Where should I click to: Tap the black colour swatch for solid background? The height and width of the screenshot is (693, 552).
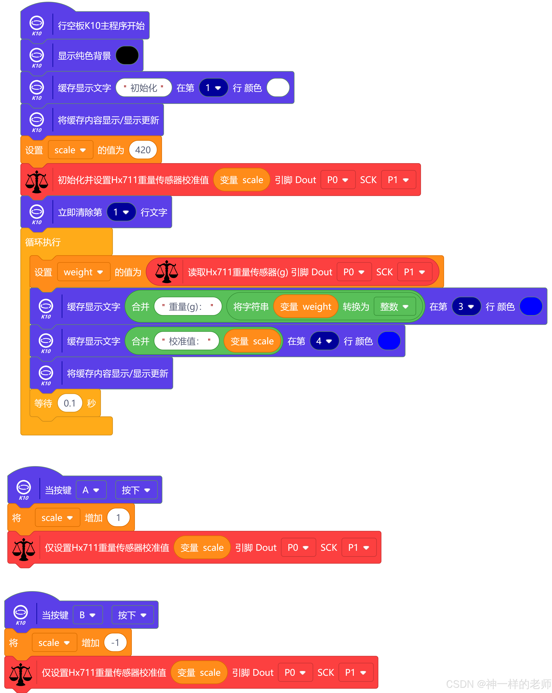click(127, 55)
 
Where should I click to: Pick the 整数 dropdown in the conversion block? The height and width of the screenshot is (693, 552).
click(394, 307)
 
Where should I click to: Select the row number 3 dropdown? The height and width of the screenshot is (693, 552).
click(466, 307)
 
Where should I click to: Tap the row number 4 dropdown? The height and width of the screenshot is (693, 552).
click(324, 341)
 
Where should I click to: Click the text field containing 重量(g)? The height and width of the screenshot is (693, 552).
click(188, 307)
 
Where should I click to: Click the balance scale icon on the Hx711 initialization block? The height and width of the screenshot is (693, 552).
click(37, 181)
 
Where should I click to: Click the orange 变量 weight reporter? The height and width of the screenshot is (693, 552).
click(305, 307)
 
